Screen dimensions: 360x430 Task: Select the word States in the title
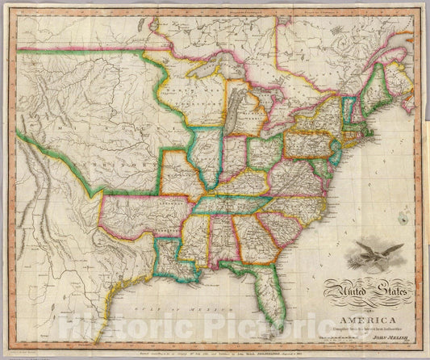(x=390, y=287)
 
